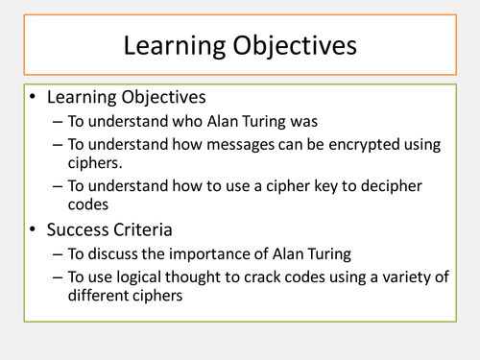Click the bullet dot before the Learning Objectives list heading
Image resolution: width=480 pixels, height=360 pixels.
(33, 99)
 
